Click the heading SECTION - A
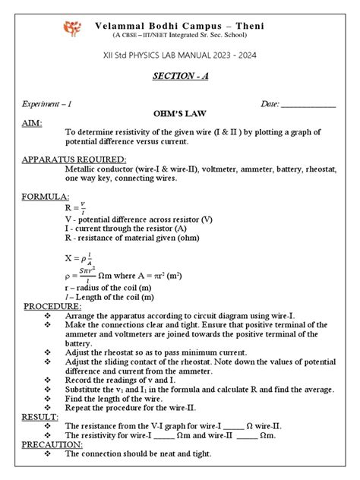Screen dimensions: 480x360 point(181,79)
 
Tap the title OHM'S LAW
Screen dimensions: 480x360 point(181,115)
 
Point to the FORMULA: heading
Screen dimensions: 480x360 point(44,197)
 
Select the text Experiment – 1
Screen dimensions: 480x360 point(54,104)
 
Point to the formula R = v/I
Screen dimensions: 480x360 point(77,207)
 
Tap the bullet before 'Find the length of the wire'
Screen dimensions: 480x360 point(49,397)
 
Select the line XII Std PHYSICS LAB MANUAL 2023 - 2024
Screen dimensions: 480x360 point(181,54)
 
